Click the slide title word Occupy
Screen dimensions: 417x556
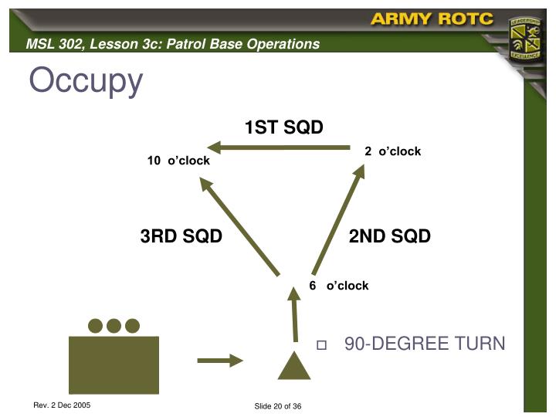coord(86,81)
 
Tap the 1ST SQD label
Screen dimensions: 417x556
coord(283,127)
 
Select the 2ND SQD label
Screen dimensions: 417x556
coord(389,236)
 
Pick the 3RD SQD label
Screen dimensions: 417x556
coord(181,236)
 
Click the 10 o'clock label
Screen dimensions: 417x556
coord(178,161)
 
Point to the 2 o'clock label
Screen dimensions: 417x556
coord(392,151)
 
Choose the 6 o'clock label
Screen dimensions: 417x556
coord(338,286)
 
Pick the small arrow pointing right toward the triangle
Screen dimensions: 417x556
coord(219,360)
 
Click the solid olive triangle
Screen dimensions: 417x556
coord(294,368)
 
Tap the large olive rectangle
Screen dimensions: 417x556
coord(114,365)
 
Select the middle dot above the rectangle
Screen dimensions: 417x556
coord(114,325)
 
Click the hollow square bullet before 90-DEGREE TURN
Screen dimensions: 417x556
coord(322,344)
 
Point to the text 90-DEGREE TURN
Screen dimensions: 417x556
coord(424,344)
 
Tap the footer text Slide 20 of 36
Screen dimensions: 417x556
coord(277,407)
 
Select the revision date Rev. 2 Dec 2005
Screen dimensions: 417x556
coord(62,405)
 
